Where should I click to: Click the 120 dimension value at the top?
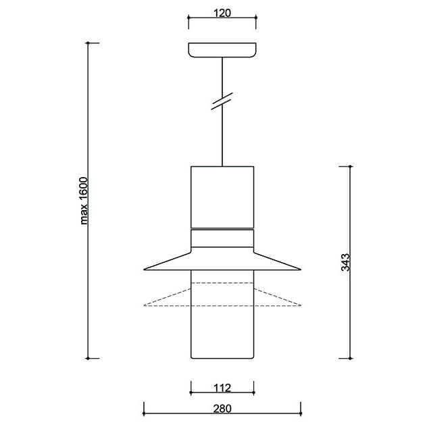pos(222,13)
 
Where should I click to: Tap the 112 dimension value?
pos(222,388)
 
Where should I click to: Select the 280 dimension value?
pos(222,409)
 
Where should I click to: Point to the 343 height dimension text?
pos(345,262)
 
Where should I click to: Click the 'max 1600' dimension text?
pos(84,201)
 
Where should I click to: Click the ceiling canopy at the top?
pos(222,50)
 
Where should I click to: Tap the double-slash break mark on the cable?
pos(222,101)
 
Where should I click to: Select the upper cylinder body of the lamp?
pos(222,197)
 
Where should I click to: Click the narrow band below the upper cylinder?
pos(222,238)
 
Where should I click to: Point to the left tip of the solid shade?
pos(144,270)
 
